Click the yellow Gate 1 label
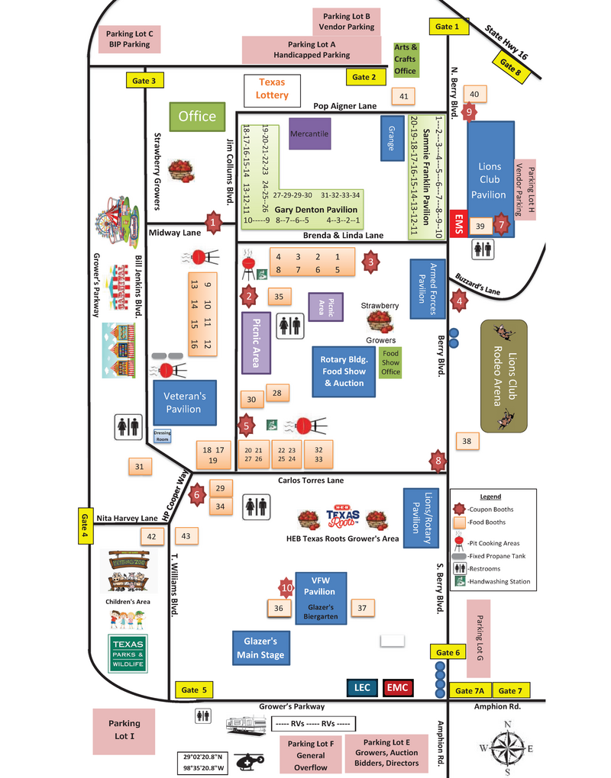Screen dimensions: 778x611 (x=448, y=27)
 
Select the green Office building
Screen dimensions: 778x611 (x=197, y=117)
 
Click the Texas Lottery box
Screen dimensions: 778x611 (x=273, y=89)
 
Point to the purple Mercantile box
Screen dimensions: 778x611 (x=309, y=133)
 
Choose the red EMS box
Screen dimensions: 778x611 (x=459, y=226)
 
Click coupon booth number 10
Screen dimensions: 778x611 (x=286, y=588)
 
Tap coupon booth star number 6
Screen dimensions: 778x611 (x=197, y=494)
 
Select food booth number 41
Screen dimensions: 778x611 (x=404, y=96)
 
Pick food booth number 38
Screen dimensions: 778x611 (x=467, y=441)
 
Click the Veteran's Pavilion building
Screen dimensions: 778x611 (x=184, y=403)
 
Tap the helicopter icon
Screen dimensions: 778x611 (x=248, y=761)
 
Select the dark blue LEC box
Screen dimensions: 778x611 (x=362, y=688)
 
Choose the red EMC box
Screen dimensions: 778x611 (x=397, y=688)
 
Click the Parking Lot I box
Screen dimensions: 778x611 (x=124, y=730)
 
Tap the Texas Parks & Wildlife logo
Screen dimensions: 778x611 (x=128, y=653)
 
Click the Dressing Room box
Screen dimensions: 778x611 (x=162, y=436)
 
